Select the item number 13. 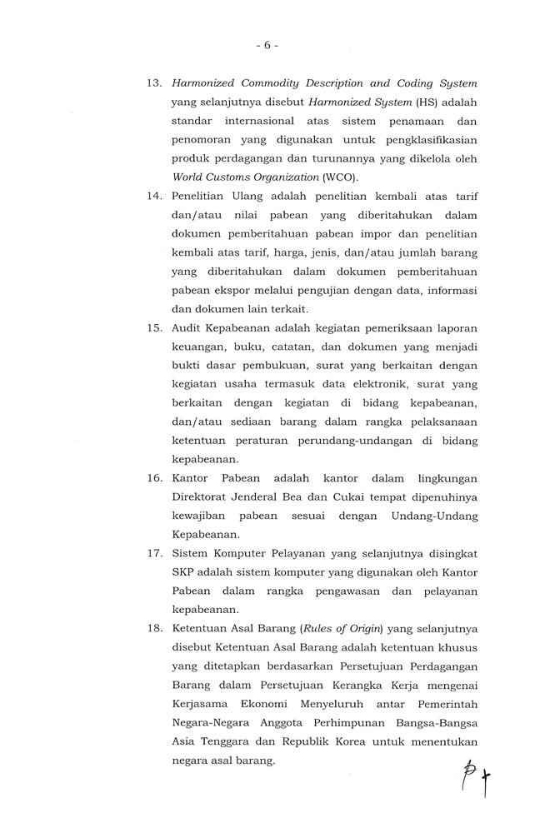click(153, 83)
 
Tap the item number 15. click(153, 327)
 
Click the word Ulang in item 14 click(247, 196)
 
